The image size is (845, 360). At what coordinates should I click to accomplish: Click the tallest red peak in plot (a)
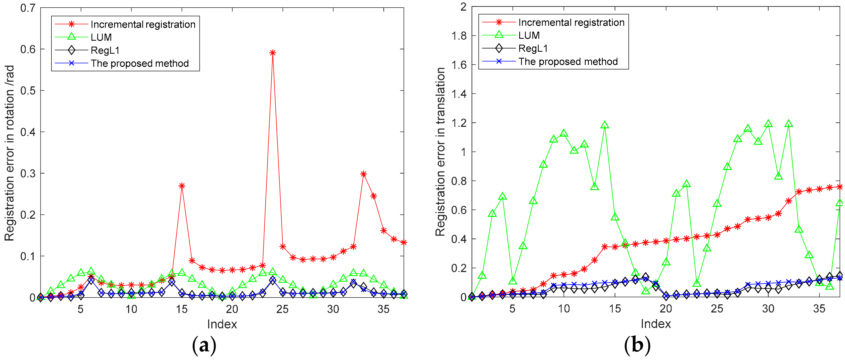272,53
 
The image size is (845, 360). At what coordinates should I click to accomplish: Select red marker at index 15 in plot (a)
182,186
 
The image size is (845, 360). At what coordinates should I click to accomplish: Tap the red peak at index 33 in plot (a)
363,174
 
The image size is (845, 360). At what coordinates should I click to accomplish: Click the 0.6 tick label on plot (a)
28,49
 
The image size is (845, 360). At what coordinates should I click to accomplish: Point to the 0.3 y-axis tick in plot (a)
28,173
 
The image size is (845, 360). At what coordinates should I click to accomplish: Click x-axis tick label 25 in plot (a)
282,309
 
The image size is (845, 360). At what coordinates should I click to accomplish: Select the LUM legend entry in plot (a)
101,37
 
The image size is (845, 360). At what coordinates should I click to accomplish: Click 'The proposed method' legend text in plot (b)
568,61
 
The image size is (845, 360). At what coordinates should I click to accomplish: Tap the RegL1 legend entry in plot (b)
533,49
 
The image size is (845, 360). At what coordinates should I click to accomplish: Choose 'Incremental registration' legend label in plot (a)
143,24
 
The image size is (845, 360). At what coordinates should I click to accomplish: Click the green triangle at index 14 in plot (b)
605,125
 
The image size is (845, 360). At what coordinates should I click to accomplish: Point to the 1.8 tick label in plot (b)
459,36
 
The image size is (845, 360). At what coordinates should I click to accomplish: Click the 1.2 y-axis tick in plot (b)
459,123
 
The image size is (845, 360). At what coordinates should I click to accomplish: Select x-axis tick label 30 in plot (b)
768,309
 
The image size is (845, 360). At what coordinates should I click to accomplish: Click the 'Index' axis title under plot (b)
655,324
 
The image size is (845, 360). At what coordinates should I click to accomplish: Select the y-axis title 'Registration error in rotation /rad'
9,153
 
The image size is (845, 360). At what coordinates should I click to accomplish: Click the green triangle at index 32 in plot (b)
789,124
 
